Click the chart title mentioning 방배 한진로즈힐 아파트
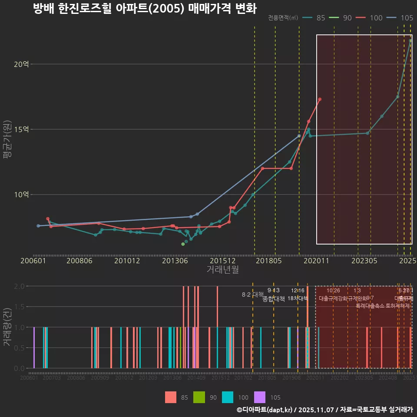(x=145, y=9)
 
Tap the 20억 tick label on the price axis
(x=21, y=64)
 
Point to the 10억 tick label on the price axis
(x=21, y=195)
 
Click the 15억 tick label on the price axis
(x=21, y=129)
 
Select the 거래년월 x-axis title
(x=222, y=269)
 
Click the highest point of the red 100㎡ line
(x=320, y=99)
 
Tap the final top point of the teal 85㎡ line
(x=410, y=41)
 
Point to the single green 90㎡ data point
(x=183, y=244)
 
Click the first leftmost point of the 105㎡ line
(x=38, y=226)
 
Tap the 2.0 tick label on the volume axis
(x=19, y=286)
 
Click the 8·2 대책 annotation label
(x=253, y=295)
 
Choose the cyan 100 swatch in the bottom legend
(x=228, y=397)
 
